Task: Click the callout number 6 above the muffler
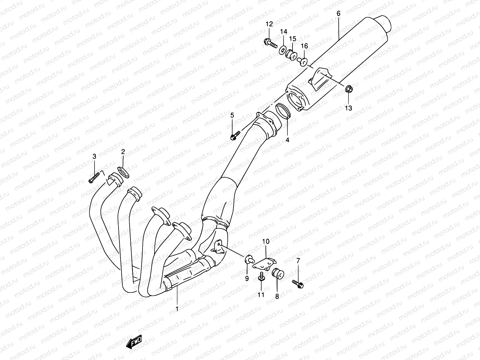338,13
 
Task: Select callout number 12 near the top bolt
269,24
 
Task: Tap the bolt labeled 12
271,44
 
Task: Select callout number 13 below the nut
348,108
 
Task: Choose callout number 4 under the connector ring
287,140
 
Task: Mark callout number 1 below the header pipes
177,308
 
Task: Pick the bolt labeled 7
298,284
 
